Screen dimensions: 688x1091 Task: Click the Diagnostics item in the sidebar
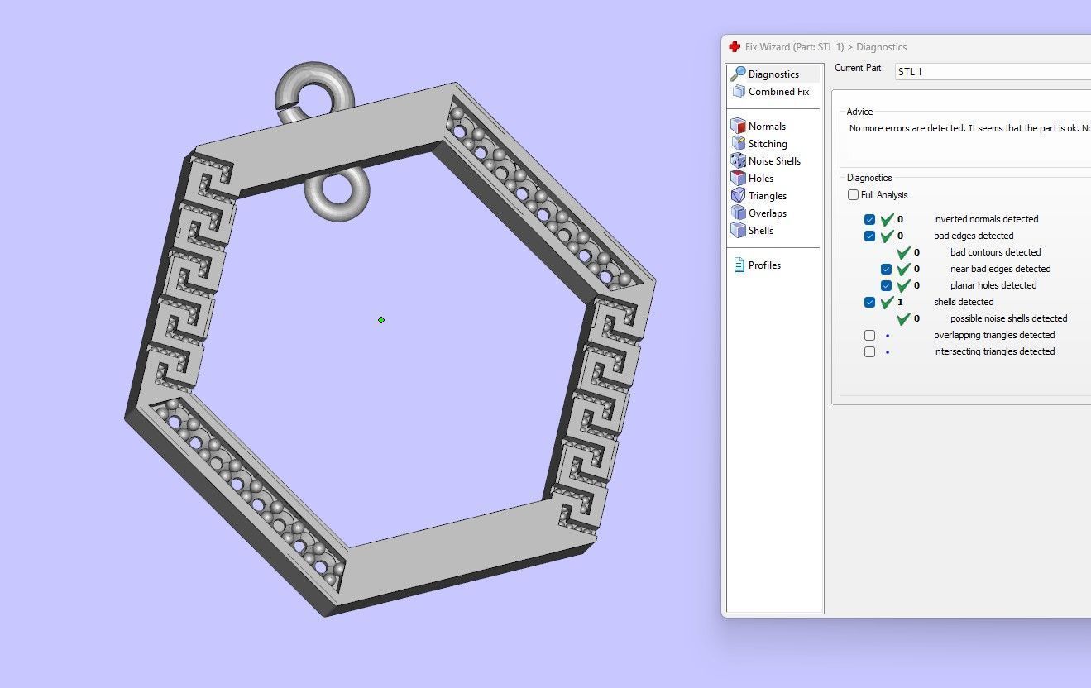click(x=773, y=74)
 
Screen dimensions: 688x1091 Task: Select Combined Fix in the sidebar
click(x=778, y=92)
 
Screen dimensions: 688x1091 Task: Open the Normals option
click(x=766, y=127)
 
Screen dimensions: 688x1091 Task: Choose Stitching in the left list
click(x=767, y=144)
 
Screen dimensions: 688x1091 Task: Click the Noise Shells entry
click(x=773, y=161)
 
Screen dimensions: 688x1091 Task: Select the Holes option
click(x=760, y=179)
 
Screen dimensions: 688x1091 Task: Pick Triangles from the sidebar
click(x=767, y=196)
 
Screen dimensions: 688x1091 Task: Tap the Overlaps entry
click(x=767, y=213)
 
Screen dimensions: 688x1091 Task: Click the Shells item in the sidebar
click(x=760, y=231)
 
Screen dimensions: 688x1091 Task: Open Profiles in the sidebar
click(x=763, y=265)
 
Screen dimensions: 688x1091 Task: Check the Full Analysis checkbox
click(x=853, y=195)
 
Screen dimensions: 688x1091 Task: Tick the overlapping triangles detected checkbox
click(x=869, y=335)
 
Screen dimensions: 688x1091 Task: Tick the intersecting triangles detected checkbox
click(x=869, y=351)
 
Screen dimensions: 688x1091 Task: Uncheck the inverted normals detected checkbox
click(x=869, y=219)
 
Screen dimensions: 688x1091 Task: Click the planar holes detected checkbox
click(x=886, y=285)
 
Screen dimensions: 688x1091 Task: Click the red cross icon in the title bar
click(x=735, y=47)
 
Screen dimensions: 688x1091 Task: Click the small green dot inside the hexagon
click(x=381, y=320)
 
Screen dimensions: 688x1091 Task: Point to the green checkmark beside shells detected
click(x=888, y=302)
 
